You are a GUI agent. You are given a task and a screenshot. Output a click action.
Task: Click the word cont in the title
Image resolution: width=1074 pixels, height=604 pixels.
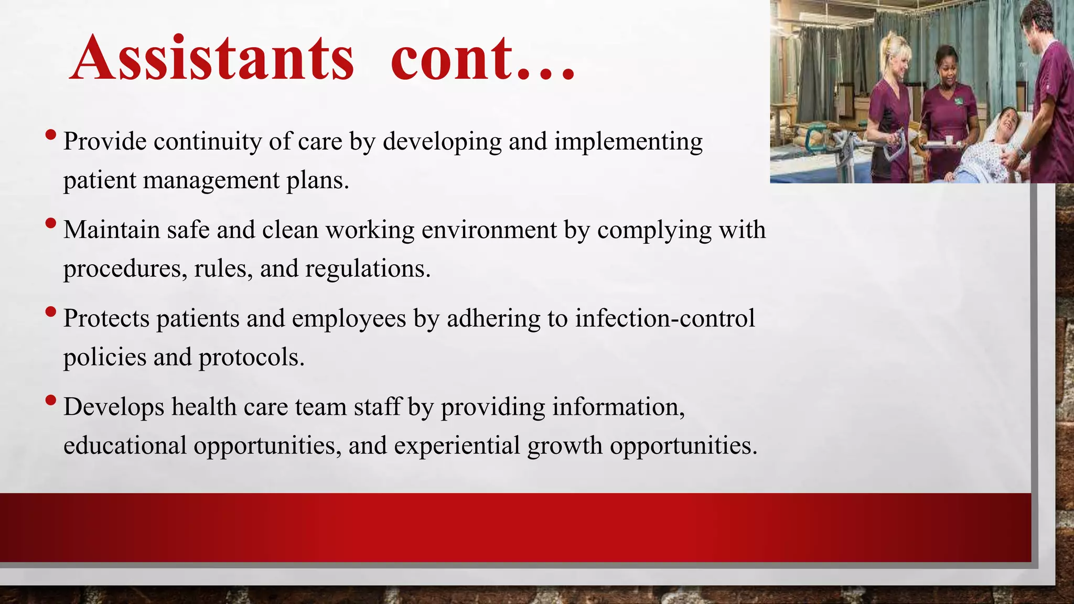(451, 59)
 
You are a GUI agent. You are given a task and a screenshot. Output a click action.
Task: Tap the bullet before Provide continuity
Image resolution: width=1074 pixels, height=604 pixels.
(51, 135)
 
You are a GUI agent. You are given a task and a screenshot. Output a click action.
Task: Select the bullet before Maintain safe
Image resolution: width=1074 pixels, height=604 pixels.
(51, 223)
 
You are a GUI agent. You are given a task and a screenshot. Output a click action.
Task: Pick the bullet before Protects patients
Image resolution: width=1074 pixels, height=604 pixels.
(51, 312)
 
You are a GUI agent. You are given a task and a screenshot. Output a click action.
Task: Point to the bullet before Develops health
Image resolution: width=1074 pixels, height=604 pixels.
(51, 401)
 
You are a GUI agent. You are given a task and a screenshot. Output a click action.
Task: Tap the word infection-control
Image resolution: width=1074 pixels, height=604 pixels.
(665, 318)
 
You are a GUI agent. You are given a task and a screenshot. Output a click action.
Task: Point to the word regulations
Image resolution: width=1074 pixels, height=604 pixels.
(368, 269)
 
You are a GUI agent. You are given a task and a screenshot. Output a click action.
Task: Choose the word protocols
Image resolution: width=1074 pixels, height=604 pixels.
(251, 358)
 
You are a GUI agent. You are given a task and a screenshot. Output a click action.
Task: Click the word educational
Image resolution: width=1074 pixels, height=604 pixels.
(125, 446)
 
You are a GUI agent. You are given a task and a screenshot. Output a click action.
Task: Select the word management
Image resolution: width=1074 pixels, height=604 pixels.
(211, 181)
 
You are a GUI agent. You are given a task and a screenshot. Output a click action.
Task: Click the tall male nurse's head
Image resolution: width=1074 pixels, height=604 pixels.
(1036, 21)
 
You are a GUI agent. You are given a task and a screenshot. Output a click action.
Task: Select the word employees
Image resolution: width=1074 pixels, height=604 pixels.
(349, 318)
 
